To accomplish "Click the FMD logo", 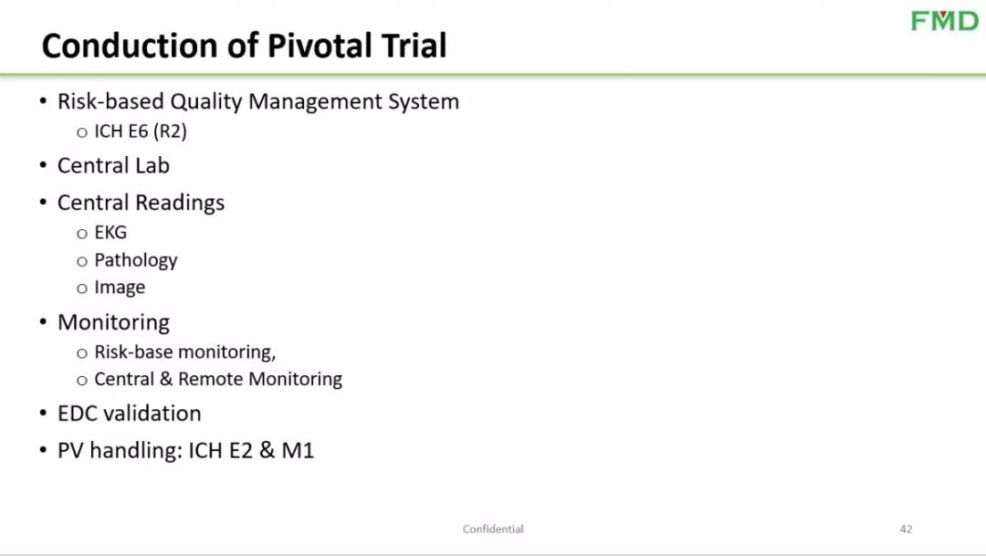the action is [945, 21].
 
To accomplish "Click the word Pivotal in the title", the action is [319, 46].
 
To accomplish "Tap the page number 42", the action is [906, 529].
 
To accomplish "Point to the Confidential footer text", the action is [493, 529].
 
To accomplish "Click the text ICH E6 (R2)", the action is [141, 131].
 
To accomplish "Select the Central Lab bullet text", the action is [113, 165].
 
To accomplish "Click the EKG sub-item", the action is [110, 232].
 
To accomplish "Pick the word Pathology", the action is [136, 260].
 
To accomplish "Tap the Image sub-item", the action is [120, 288].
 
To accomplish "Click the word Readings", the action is [180, 203].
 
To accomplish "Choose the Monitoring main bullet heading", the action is [113, 322].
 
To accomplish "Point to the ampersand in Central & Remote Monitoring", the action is [166, 379].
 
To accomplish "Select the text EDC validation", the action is [129, 414].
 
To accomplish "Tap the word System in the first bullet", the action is [424, 101].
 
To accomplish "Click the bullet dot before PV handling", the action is [43, 450].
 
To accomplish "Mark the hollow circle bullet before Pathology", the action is [82, 262].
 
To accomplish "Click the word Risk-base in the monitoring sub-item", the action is [130, 351].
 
